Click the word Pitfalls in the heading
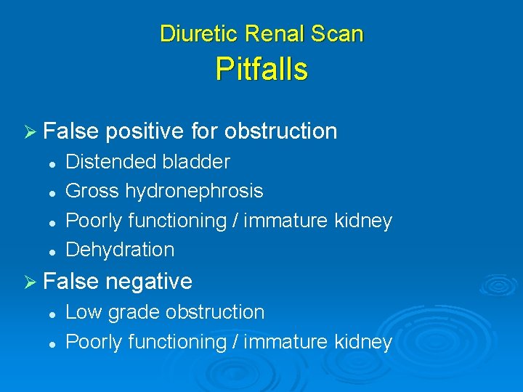(x=261, y=70)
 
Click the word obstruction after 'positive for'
(x=281, y=131)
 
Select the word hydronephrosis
(x=194, y=192)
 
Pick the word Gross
(x=92, y=192)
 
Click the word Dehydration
(x=120, y=250)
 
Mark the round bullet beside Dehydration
(x=53, y=250)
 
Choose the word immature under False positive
(x=290, y=221)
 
